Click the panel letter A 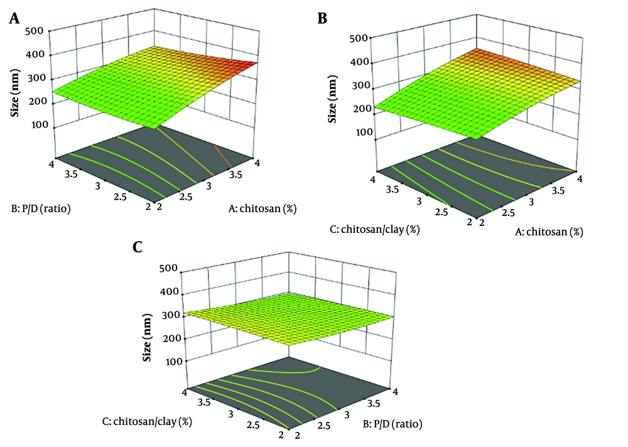(13, 19)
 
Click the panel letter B (322, 19)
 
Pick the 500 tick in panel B (357, 38)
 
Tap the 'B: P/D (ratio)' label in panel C (394, 423)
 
